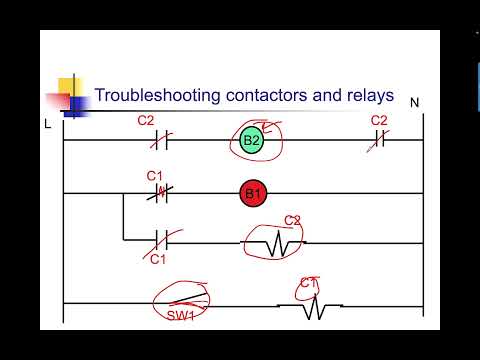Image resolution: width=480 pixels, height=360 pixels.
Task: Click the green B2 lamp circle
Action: [x=251, y=141]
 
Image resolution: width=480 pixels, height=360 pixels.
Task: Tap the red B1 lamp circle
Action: [x=251, y=193]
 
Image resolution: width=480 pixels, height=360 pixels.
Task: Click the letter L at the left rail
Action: [x=47, y=123]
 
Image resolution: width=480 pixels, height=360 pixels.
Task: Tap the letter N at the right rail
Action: [x=414, y=102]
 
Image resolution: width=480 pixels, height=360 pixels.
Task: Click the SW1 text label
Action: [x=180, y=317]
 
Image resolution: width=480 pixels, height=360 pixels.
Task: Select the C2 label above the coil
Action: [x=292, y=220]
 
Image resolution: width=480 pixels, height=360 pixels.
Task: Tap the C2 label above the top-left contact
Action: [x=145, y=121]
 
